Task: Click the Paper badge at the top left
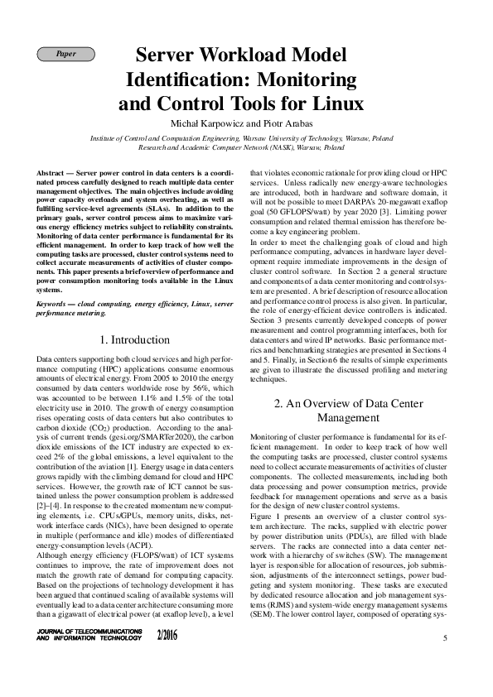[x=65, y=55]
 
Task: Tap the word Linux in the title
[x=315, y=104]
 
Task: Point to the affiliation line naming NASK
[x=241, y=147]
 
